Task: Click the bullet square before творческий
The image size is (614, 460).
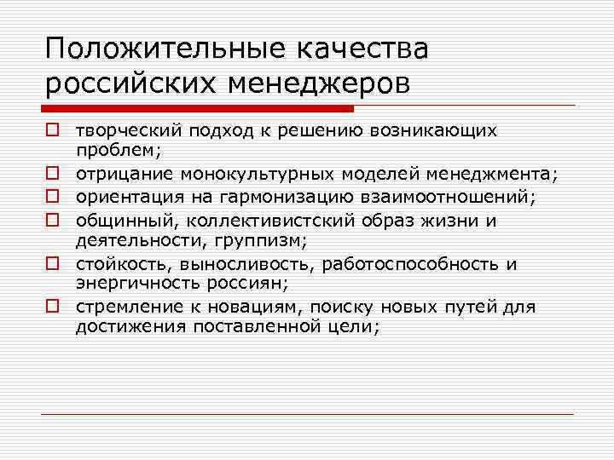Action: (x=53, y=130)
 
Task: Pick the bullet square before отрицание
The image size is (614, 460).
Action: (x=53, y=175)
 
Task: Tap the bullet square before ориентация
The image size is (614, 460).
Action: (x=53, y=198)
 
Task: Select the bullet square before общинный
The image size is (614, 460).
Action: (x=53, y=220)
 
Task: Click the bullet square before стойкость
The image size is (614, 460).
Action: (x=53, y=264)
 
